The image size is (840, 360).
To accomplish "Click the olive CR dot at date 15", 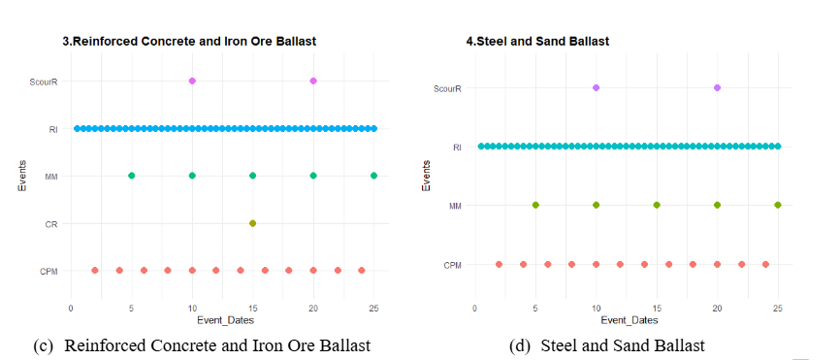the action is tap(253, 223).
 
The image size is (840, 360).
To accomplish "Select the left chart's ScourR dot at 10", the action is tap(192, 81).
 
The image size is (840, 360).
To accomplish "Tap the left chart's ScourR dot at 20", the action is tap(313, 81).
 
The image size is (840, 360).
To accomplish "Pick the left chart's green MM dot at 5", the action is tap(131, 176).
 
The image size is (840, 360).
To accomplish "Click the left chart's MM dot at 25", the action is tap(374, 176).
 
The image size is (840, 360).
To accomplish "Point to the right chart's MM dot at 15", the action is tap(657, 205).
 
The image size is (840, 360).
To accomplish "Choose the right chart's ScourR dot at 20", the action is tap(718, 88).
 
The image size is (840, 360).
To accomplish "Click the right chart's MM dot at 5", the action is tap(535, 205).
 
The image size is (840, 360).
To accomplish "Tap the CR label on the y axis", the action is tap(51, 224).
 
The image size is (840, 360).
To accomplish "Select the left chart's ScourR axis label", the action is tap(44, 82).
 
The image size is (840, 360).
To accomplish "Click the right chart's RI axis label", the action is tap(457, 147).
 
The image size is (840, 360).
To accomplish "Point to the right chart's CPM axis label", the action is tap(453, 265).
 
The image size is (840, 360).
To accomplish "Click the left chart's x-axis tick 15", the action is tap(253, 309).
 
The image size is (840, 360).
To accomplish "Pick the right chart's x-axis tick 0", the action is tap(474, 309).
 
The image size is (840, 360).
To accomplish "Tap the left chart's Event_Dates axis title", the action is tap(226, 320).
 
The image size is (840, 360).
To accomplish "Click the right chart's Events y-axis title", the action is tap(426, 175).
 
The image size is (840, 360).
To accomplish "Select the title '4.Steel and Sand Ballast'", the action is tap(537, 42).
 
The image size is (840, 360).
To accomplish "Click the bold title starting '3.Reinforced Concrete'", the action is tap(189, 42).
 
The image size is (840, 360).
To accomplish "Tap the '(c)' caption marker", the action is tap(44, 345).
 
